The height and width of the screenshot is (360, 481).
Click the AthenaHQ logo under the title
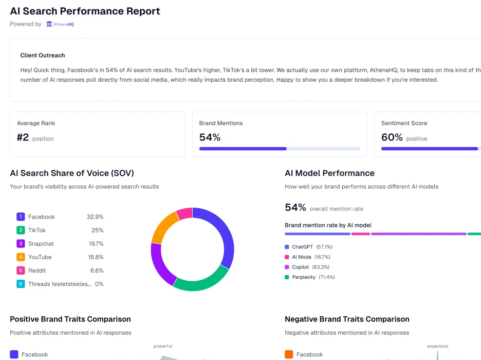[60, 24]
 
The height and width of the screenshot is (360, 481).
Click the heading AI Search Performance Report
[85, 11]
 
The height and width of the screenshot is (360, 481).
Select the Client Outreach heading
[43, 55]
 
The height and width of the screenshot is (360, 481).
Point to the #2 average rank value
[23, 137]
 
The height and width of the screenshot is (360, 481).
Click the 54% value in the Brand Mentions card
[210, 137]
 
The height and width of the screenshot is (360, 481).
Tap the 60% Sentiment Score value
[392, 137]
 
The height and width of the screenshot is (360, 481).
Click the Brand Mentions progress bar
[280, 149]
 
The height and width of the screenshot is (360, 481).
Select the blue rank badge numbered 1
[21, 217]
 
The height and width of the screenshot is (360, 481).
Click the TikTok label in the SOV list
[37, 230]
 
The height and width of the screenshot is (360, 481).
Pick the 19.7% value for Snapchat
[96, 244]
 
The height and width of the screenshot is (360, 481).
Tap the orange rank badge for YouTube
[21, 257]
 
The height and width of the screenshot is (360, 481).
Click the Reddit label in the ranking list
[37, 271]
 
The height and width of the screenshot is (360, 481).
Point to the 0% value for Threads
[99, 284]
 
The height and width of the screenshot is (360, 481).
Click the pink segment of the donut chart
[184, 213]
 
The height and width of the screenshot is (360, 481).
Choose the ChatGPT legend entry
[307, 247]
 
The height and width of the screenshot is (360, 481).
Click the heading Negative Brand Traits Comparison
[347, 319]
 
